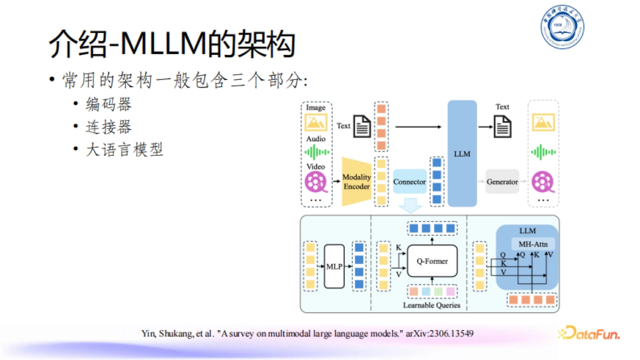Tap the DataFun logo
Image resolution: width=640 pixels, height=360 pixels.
589,333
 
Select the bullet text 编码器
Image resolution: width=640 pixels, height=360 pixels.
109,105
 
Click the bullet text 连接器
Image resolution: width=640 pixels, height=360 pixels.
109,127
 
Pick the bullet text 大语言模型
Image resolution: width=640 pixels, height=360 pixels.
124,150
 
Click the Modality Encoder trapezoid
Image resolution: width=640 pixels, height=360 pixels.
356,182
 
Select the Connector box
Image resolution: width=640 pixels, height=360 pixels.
410,182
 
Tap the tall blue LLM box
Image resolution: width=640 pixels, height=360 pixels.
462,154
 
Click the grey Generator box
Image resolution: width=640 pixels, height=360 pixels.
502,182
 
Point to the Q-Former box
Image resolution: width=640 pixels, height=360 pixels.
432,261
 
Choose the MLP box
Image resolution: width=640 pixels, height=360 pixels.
334,266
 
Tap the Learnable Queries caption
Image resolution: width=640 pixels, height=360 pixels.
431,306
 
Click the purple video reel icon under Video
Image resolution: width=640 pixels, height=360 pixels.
316,182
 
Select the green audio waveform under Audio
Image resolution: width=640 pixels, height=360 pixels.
316,152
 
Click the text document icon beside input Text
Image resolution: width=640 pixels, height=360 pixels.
363,126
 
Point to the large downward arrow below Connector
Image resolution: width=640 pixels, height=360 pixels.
410,204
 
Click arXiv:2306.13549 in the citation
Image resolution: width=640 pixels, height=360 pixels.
439,333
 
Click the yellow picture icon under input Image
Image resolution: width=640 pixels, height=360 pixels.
316,123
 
